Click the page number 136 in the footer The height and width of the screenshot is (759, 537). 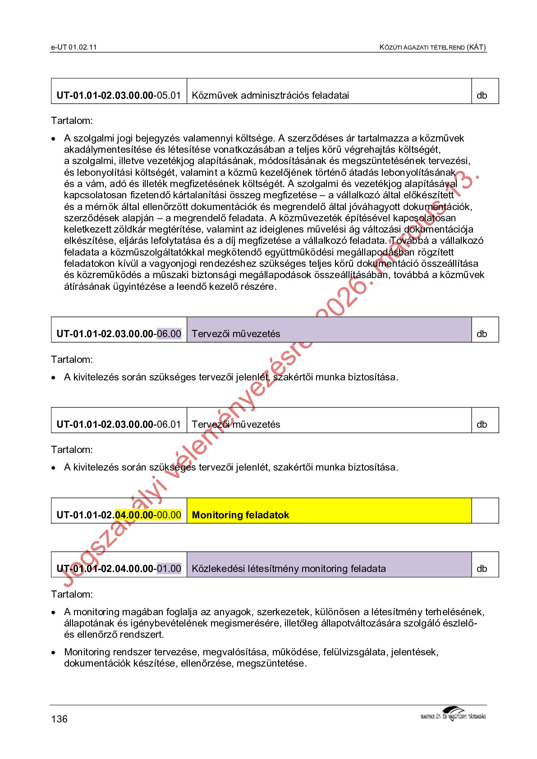click(x=59, y=719)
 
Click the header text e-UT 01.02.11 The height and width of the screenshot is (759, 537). click(x=73, y=47)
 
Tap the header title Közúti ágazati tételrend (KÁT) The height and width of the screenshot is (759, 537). click(x=432, y=47)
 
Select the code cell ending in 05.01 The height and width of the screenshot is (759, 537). click(x=119, y=95)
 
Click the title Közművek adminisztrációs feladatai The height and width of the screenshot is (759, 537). click(x=270, y=95)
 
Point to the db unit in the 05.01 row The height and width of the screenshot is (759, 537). click(x=482, y=95)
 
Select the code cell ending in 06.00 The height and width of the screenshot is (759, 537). click(x=119, y=334)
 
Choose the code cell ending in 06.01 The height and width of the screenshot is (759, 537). click(x=119, y=424)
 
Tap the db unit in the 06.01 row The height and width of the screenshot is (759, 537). click(x=482, y=424)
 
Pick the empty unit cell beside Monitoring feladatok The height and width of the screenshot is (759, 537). click(x=485, y=511)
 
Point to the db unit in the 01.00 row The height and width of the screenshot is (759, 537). click(x=482, y=569)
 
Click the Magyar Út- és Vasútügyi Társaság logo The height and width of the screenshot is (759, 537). click(x=453, y=714)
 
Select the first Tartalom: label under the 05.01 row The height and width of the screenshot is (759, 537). click(x=72, y=121)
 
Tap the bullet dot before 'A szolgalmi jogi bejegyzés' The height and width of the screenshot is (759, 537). click(x=54, y=139)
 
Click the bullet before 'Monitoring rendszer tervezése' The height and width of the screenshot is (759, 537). click(x=54, y=652)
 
